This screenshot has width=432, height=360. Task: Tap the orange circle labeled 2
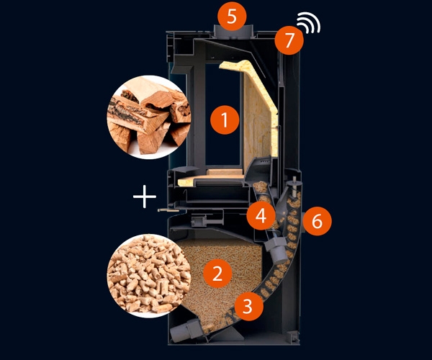click(217, 273)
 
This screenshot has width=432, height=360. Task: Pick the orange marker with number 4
click(261, 215)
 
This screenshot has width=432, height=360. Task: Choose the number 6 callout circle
click(317, 221)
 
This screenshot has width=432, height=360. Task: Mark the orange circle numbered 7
click(289, 41)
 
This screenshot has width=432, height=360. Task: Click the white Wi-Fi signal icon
click(311, 24)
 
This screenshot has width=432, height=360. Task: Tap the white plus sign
click(145, 196)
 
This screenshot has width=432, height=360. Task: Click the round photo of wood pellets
click(148, 274)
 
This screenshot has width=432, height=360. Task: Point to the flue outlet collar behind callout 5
click(231, 30)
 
